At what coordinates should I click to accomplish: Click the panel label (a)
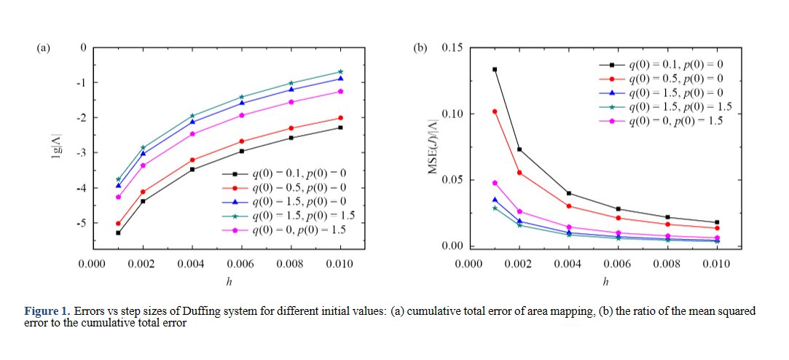tap(43, 48)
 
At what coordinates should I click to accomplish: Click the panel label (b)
tap(420, 48)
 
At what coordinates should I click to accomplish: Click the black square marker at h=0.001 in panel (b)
tap(495, 69)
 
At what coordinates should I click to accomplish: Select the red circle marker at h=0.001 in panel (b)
tap(495, 111)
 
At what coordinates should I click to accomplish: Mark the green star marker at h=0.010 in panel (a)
tap(339, 71)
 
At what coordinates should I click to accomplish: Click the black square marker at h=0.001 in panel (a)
tap(118, 232)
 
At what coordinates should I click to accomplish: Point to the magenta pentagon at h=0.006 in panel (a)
tap(243, 115)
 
